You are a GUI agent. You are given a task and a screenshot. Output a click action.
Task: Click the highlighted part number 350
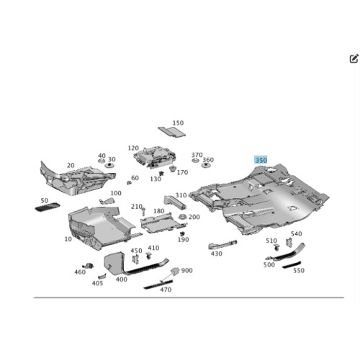click(261, 160)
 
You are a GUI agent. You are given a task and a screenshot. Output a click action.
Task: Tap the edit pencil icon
click(354, 58)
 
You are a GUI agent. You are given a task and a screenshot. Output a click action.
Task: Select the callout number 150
click(178, 123)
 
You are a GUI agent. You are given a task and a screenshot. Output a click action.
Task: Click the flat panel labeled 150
click(172, 132)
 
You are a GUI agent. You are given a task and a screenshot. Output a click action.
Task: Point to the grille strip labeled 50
click(48, 207)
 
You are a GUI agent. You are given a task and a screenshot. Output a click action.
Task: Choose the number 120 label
click(133, 148)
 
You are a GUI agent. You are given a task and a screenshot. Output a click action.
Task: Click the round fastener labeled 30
click(109, 165)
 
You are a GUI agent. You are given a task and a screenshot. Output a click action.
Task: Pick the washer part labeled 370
click(195, 161)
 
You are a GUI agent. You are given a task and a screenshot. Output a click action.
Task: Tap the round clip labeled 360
click(206, 165)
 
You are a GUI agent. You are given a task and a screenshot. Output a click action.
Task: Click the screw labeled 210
click(143, 212)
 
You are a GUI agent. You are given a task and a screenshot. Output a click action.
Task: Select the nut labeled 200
click(183, 217)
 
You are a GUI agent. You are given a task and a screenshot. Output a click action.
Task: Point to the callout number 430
click(217, 253)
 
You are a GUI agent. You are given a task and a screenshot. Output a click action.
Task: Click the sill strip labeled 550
click(292, 265)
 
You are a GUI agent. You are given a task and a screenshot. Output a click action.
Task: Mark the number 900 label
click(186, 271)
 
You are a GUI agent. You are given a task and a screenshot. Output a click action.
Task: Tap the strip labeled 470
click(158, 284)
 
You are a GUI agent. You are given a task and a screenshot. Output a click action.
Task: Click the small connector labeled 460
click(89, 266)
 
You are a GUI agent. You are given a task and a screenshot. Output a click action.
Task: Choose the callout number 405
click(97, 283)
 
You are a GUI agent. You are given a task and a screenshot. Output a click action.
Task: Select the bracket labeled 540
click(289, 242)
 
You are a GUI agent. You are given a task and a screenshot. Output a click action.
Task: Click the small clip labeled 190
click(182, 233)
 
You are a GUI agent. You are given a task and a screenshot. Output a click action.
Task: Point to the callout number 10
click(68, 239)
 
